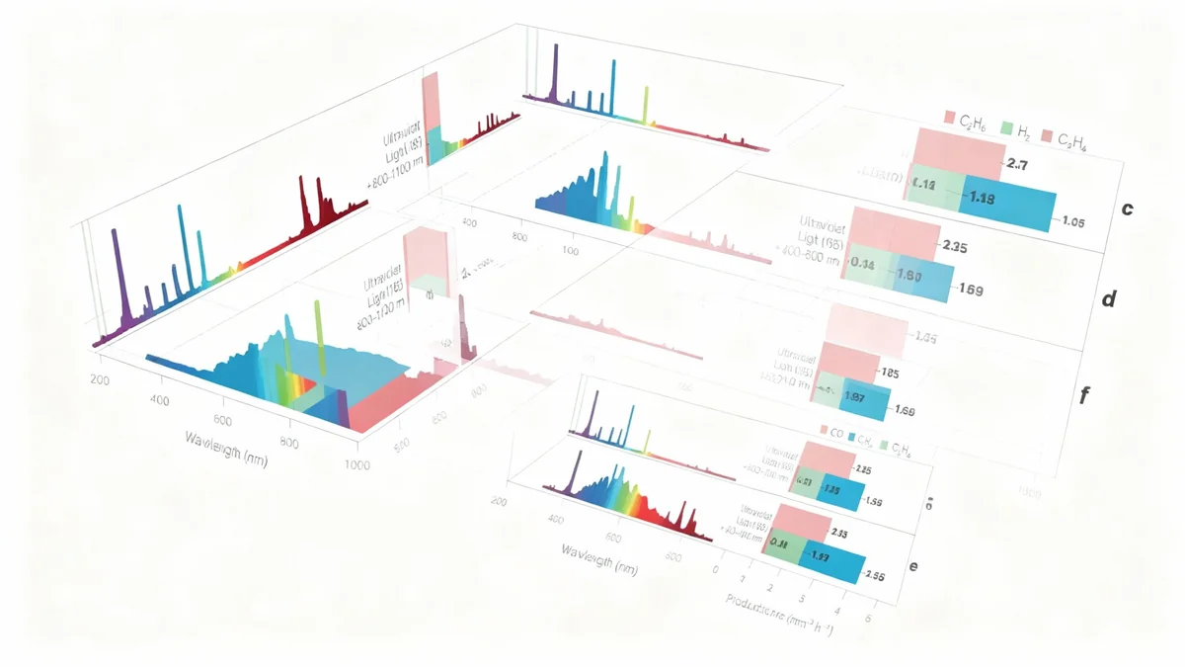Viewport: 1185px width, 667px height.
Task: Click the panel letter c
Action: tap(1127, 209)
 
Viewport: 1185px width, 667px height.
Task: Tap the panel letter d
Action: tap(1108, 298)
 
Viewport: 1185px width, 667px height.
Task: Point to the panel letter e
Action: tap(913, 565)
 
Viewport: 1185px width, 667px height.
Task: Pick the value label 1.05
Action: tap(1072, 222)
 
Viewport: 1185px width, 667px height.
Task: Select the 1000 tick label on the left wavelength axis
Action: tap(357, 464)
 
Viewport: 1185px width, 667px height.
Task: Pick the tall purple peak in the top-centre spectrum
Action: tap(554, 74)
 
